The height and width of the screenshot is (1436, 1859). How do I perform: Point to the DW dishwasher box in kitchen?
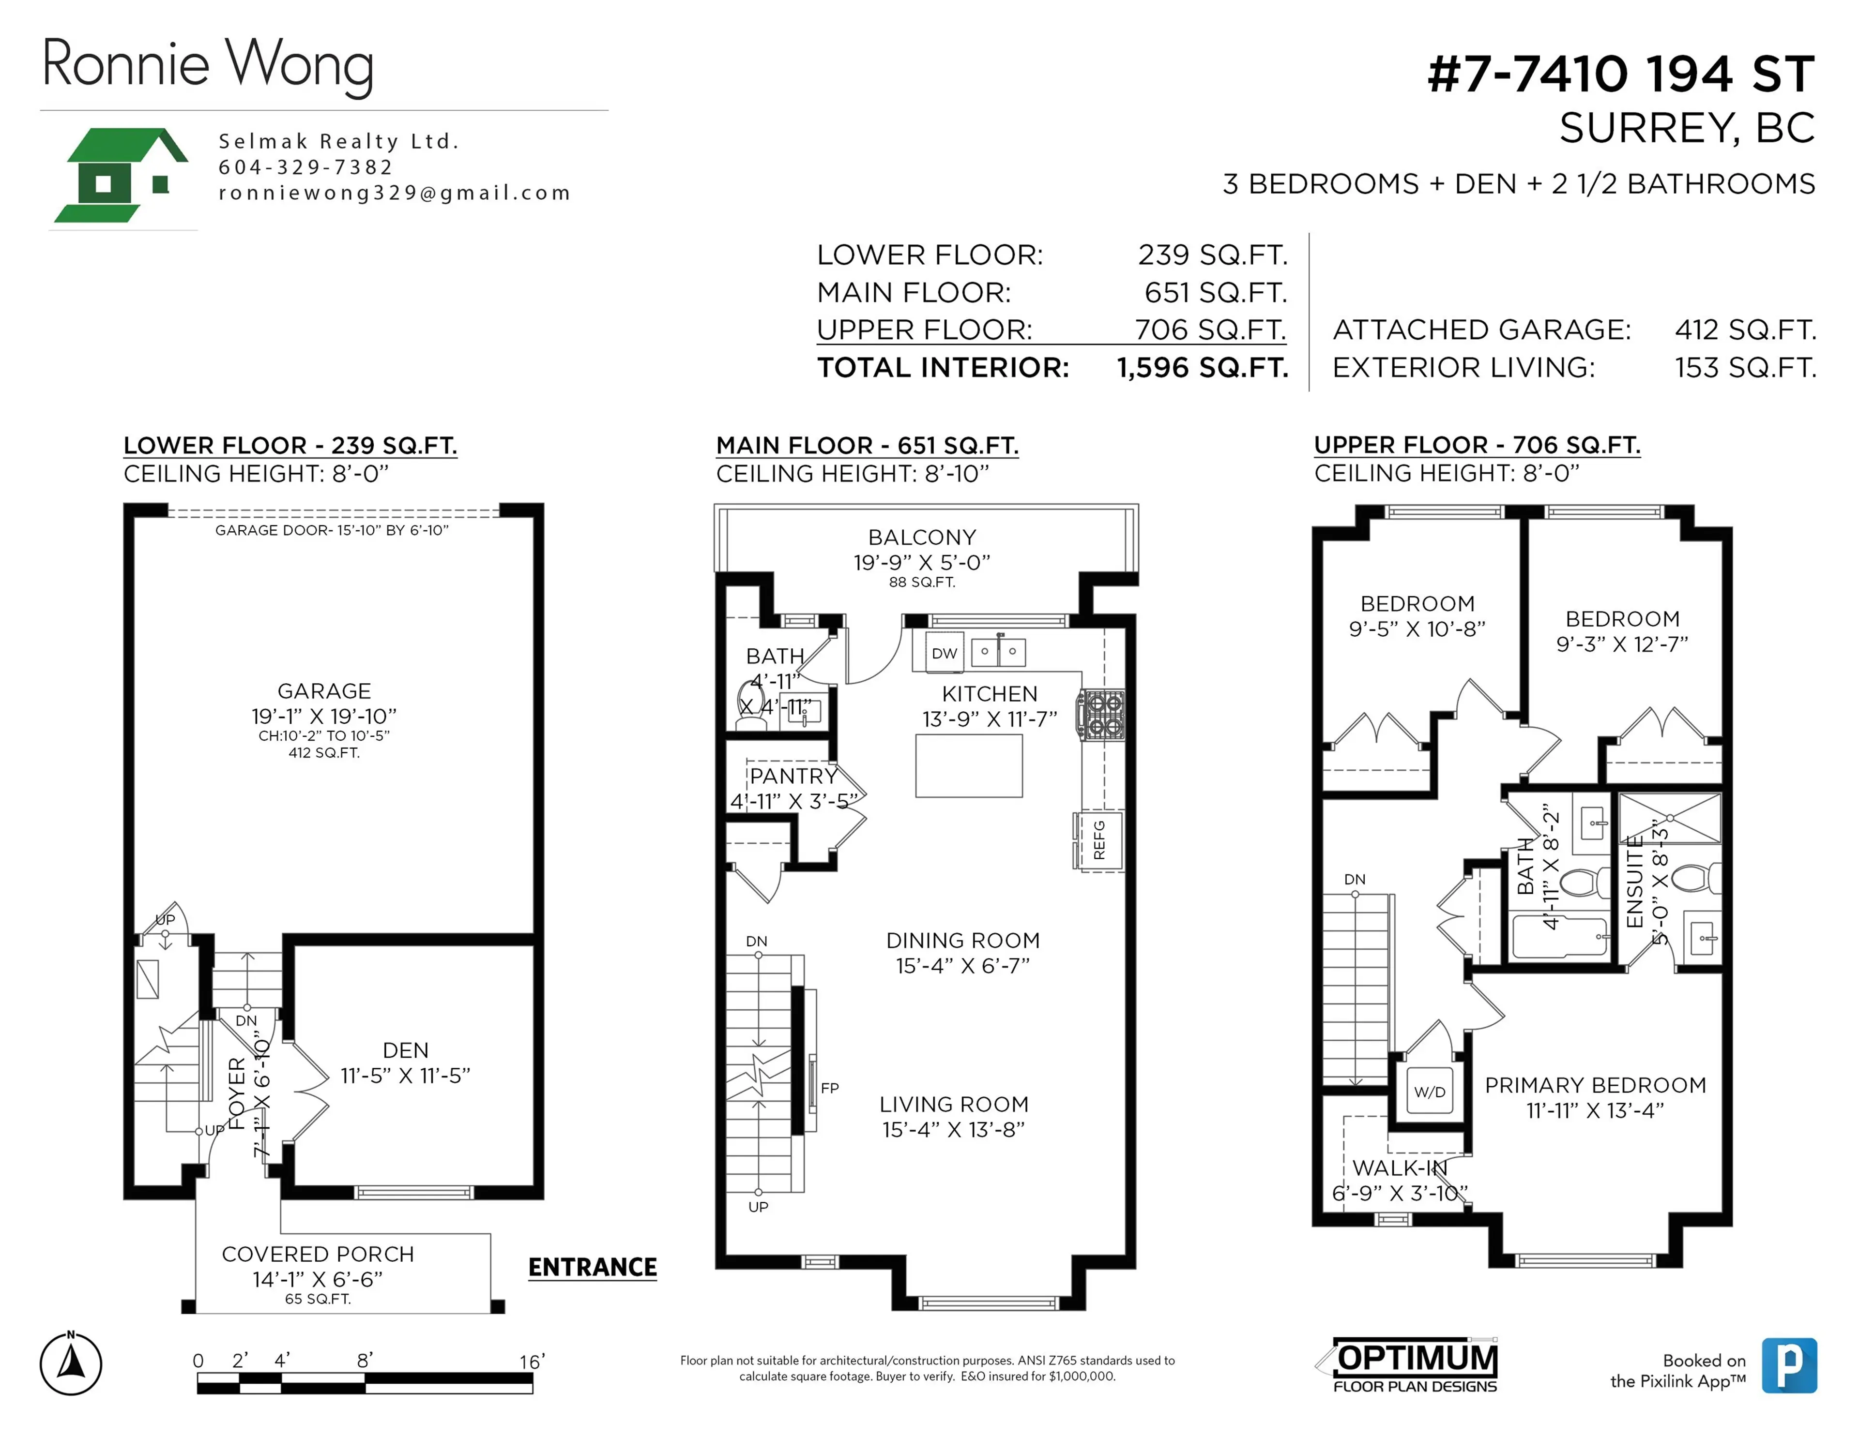944,653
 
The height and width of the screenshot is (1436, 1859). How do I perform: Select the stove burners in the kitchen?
1104,715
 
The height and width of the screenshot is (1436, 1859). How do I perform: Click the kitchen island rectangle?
969,765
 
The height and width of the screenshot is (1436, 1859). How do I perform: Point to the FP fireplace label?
829,1088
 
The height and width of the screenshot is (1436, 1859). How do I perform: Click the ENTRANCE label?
593,1268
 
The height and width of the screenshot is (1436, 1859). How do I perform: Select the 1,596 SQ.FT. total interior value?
1202,368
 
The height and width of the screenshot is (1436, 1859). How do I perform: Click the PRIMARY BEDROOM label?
1595,1086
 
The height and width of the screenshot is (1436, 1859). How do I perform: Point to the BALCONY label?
922,538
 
